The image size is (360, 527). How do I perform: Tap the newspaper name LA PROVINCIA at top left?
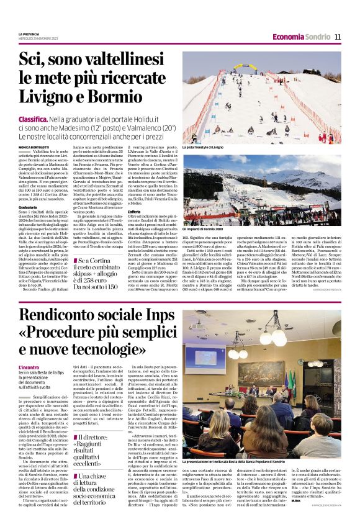tap(29, 34)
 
